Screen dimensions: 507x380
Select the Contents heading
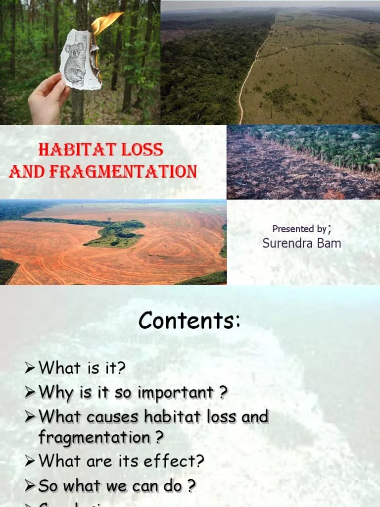tap(190, 321)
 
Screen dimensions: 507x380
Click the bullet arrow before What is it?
tap(31, 368)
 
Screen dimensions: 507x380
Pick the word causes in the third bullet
tap(113, 416)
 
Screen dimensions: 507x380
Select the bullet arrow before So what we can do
tap(31, 486)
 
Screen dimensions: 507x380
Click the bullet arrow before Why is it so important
tap(31, 393)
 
